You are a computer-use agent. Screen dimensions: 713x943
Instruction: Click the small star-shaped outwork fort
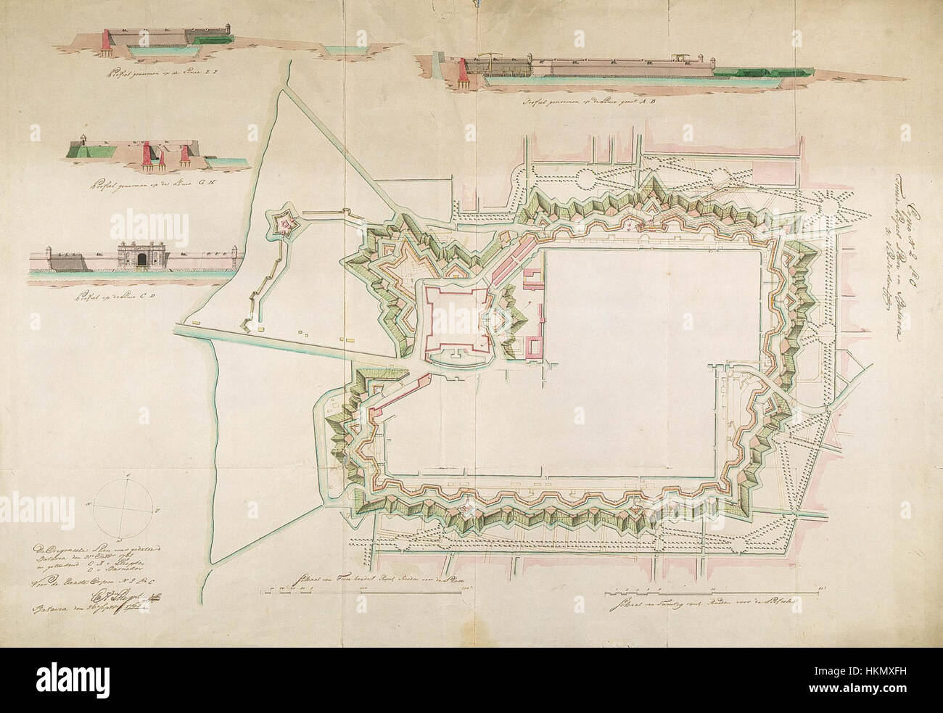(x=287, y=226)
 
